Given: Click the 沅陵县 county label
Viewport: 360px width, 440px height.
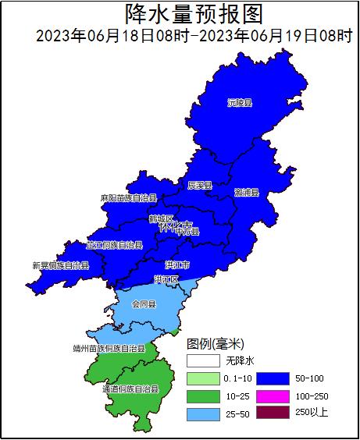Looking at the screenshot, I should [x=240, y=102].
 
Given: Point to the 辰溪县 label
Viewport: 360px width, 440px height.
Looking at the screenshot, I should [x=200, y=186].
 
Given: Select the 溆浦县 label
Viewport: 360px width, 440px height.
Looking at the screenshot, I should [x=246, y=192].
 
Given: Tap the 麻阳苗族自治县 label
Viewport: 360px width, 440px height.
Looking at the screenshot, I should [x=129, y=198].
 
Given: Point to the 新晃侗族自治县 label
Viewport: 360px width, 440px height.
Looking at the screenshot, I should [x=60, y=265].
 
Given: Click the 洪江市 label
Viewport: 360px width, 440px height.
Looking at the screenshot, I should [x=176, y=264].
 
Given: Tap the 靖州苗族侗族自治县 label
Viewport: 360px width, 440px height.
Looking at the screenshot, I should [x=109, y=349].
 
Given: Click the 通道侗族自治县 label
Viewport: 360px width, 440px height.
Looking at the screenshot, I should [x=130, y=388].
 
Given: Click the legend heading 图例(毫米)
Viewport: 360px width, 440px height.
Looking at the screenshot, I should [x=216, y=343].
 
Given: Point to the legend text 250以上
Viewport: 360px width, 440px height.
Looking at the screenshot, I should [x=312, y=413].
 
